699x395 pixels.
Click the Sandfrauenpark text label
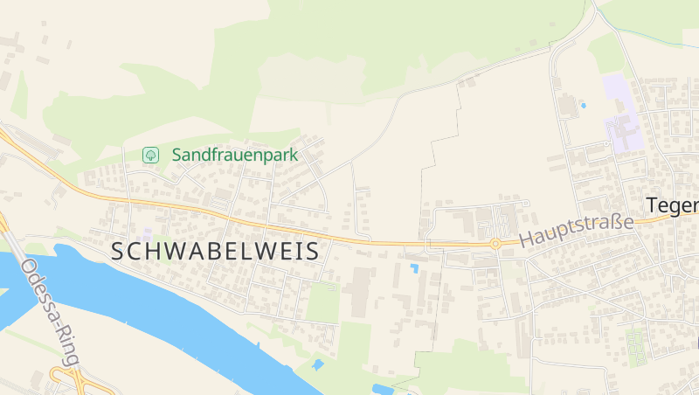click(x=234, y=155)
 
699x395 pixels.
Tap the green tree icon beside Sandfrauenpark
click(x=150, y=155)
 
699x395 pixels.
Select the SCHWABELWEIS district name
click(x=215, y=252)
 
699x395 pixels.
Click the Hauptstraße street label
click(x=576, y=230)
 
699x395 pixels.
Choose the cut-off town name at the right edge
click(x=672, y=205)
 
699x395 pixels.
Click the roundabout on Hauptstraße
click(x=495, y=244)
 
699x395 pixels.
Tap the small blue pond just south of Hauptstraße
click(x=414, y=267)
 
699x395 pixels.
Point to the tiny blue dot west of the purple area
click(x=583, y=106)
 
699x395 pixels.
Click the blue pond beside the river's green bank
click(x=317, y=364)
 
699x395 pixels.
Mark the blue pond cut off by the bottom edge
click(x=382, y=389)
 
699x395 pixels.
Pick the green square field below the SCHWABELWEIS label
click(x=323, y=301)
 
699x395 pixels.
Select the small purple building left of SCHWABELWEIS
click(x=148, y=234)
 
